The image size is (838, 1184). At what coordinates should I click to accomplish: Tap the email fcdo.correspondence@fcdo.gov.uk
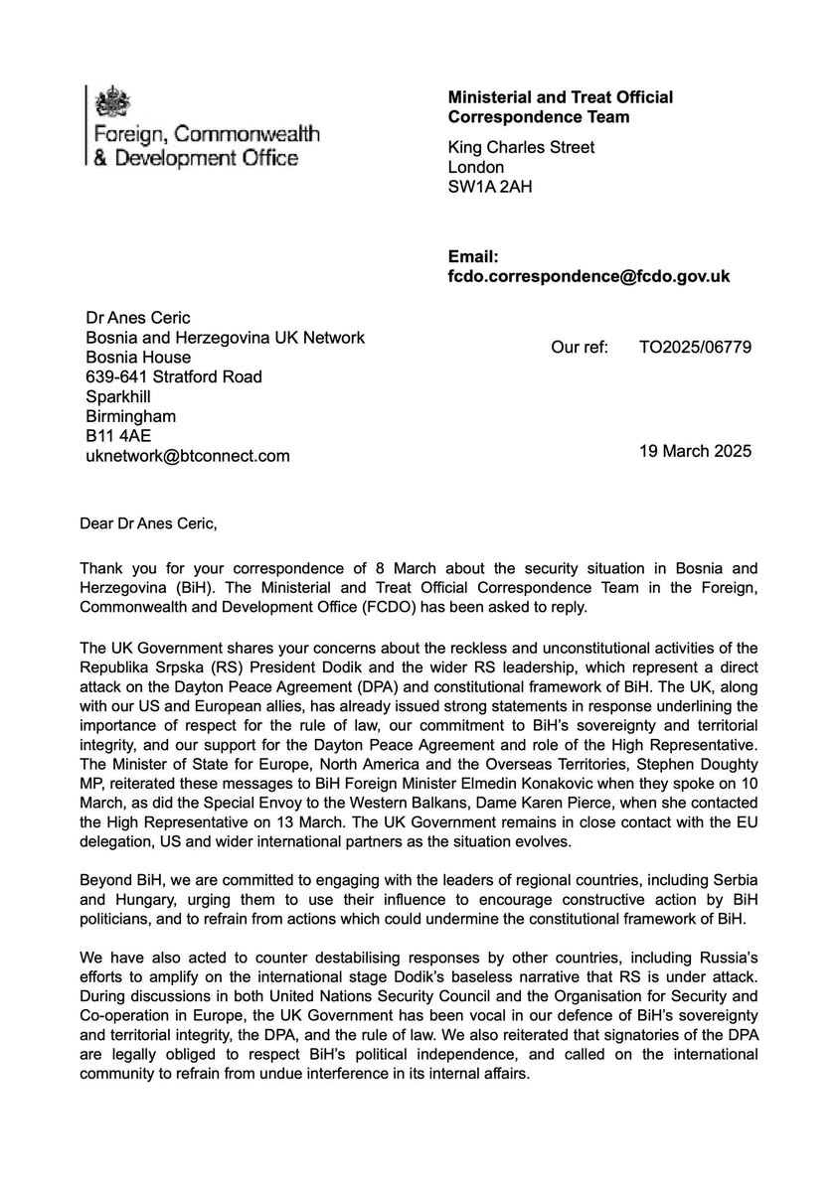click(x=588, y=277)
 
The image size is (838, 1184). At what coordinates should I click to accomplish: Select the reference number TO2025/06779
click(x=695, y=348)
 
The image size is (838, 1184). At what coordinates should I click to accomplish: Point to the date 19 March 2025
click(x=695, y=451)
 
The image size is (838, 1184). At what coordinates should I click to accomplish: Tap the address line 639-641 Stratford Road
click(x=175, y=376)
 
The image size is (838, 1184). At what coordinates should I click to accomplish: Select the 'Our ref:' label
click(x=579, y=348)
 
